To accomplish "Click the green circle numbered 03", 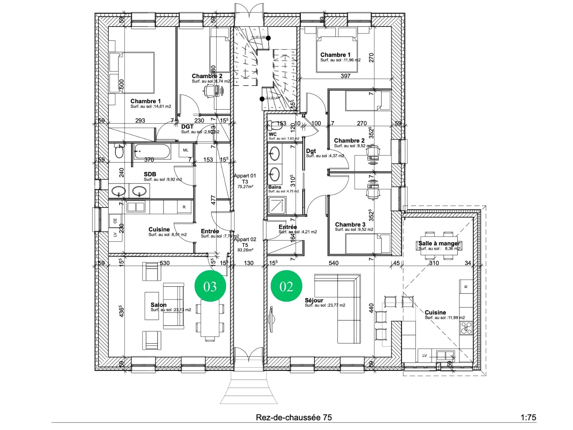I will [210, 286].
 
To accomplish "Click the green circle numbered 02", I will [286, 286].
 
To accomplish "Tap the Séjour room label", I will [314, 300].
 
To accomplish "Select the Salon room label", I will [158, 305].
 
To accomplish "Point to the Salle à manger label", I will [439, 243].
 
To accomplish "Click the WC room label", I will [273, 134].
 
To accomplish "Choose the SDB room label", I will [150, 175].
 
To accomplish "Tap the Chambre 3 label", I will [350, 225].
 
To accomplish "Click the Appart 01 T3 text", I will [245, 178].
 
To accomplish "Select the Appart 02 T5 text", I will [245, 242].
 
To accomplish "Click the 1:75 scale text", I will [528, 417].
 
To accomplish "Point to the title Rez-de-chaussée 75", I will [294, 417].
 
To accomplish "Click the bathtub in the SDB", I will [152, 151].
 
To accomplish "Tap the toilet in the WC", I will [275, 125].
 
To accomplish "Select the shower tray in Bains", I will [277, 205].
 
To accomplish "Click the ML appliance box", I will [186, 150].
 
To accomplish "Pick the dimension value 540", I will [333, 263].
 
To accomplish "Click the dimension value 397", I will [345, 76].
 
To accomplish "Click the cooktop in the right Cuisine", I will [466, 328].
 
